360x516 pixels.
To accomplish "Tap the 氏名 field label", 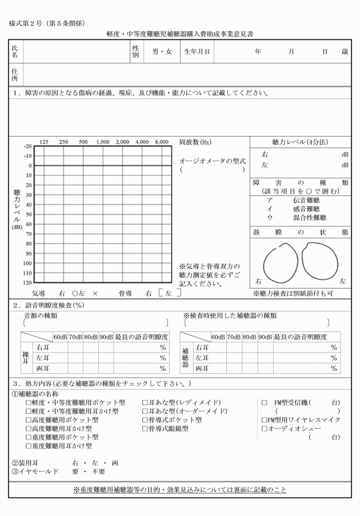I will coord(15,52).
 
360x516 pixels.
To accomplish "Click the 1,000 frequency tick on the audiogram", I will coord(103,142).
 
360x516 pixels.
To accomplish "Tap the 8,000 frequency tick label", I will coord(162,142).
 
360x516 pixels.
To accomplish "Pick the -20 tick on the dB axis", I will coord(28,146).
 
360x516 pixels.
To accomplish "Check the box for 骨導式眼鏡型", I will coord(145,428).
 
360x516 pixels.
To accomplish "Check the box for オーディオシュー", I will coord(264,428).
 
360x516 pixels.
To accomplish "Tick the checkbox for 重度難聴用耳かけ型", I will coord(27,446).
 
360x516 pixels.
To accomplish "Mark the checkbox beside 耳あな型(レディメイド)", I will coord(145,402).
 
